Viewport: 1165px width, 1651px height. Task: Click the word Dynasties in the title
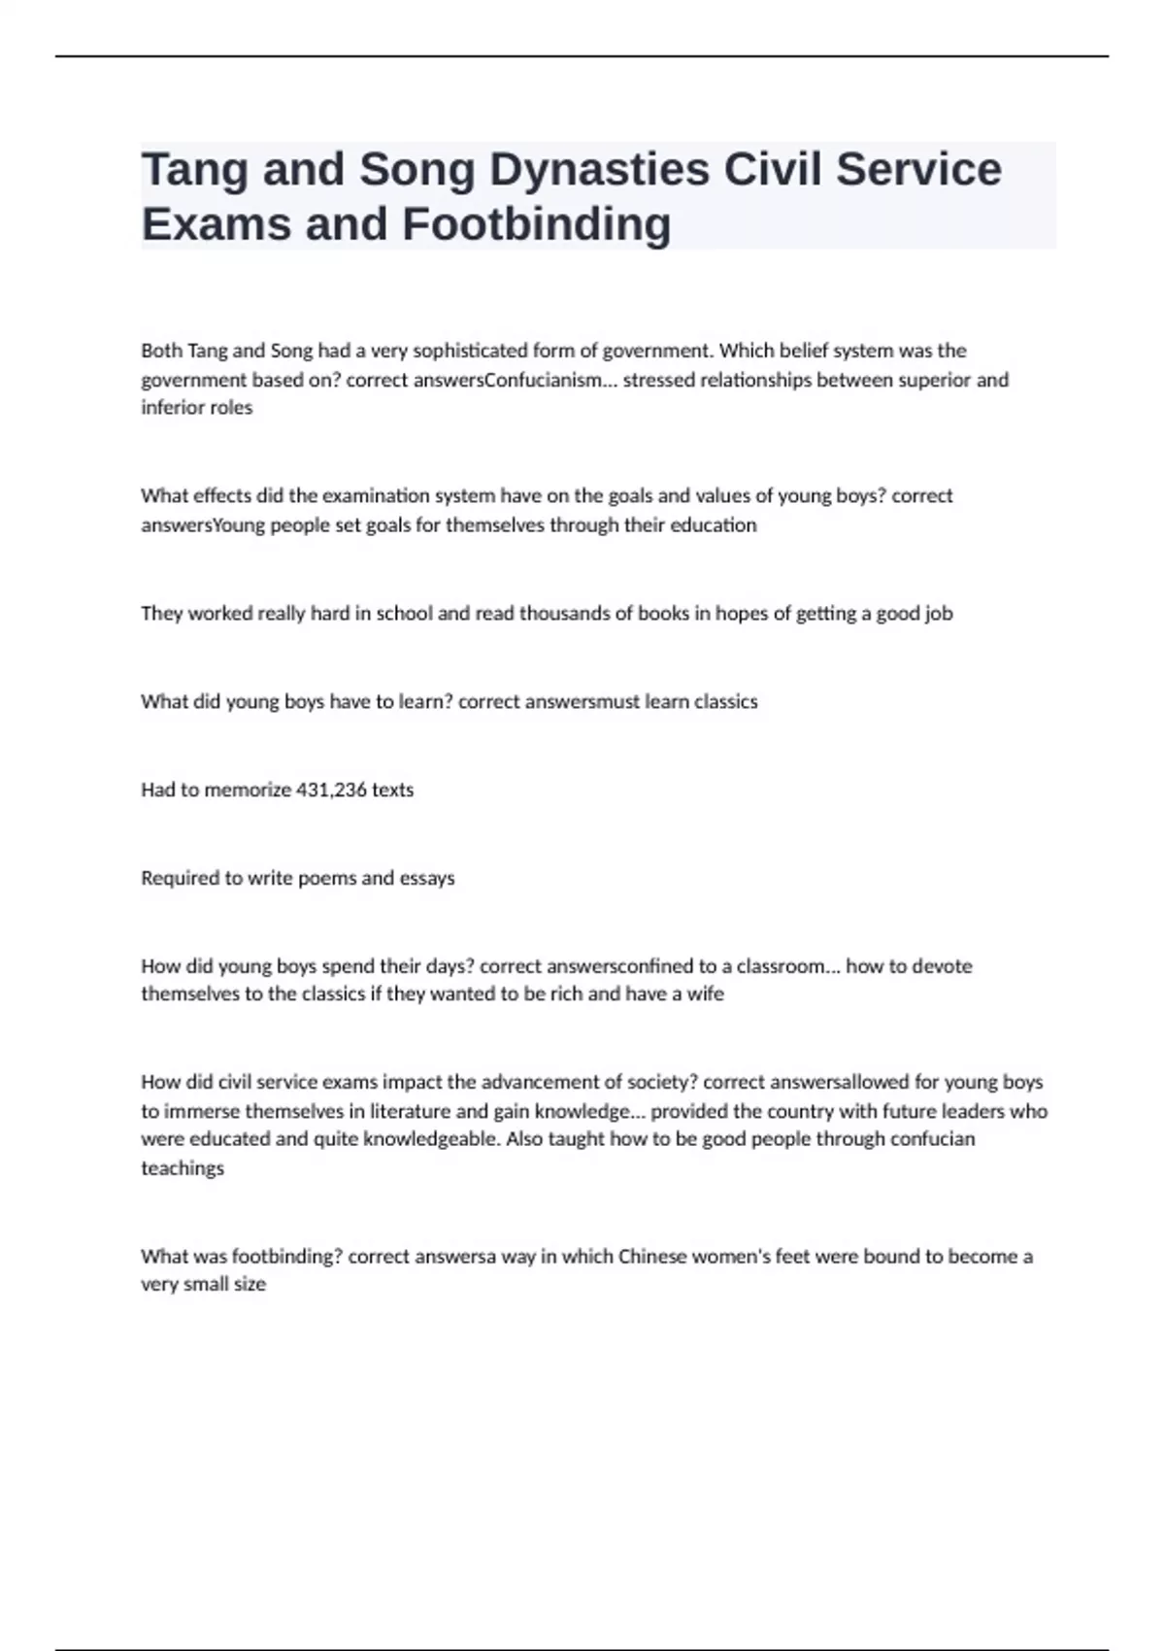pyautogui.click(x=599, y=170)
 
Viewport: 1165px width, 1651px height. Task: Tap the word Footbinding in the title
pyautogui.click(x=536, y=224)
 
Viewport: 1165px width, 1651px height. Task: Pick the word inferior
pyautogui.click(x=170, y=408)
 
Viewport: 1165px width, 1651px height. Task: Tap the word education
pyautogui.click(x=714, y=525)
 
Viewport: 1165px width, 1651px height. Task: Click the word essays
pyautogui.click(x=427, y=879)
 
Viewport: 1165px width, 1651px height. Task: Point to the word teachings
pyautogui.click(x=183, y=1168)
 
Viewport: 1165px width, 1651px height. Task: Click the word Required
pyautogui.click(x=181, y=879)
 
